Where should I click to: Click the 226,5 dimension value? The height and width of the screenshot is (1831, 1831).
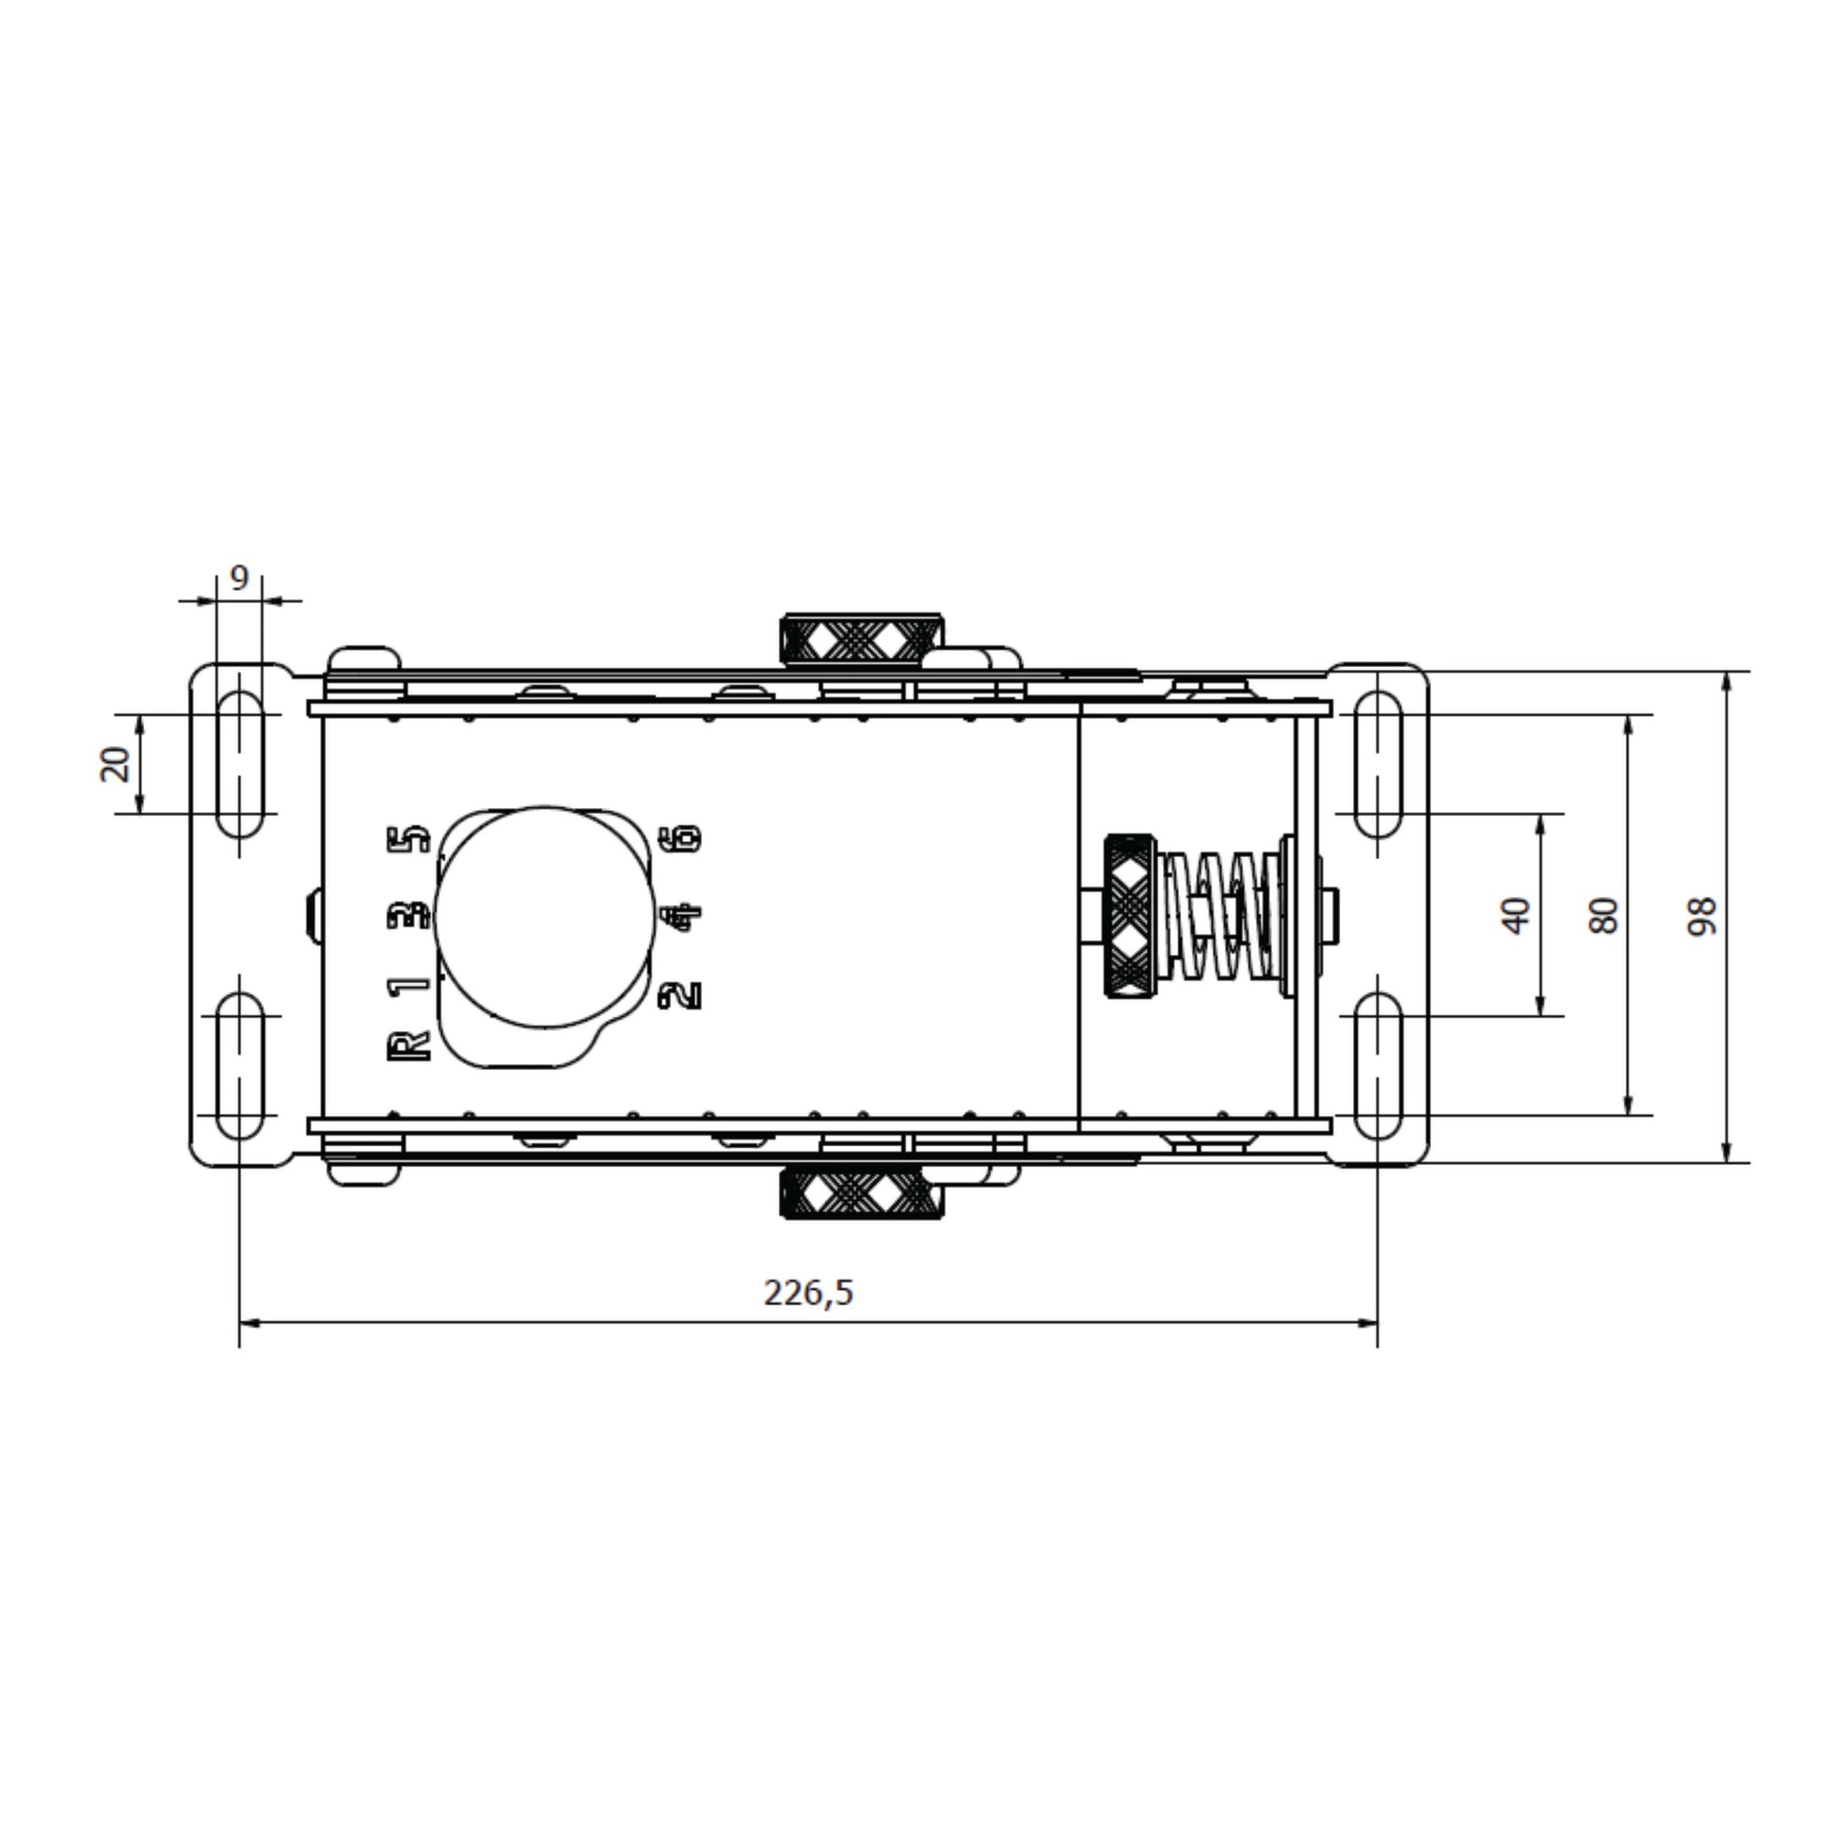click(808, 1293)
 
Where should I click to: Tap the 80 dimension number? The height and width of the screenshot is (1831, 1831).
click(1603, 916)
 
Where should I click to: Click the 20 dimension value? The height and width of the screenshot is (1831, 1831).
click(115, 764)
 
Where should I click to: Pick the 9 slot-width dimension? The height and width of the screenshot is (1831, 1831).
click(239, 577)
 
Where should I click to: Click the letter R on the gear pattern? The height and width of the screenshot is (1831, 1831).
click(408, 1046)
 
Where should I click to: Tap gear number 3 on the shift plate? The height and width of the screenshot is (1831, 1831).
click(409, 915)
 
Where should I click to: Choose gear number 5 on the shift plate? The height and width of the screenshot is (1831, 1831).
click(409, 839)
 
